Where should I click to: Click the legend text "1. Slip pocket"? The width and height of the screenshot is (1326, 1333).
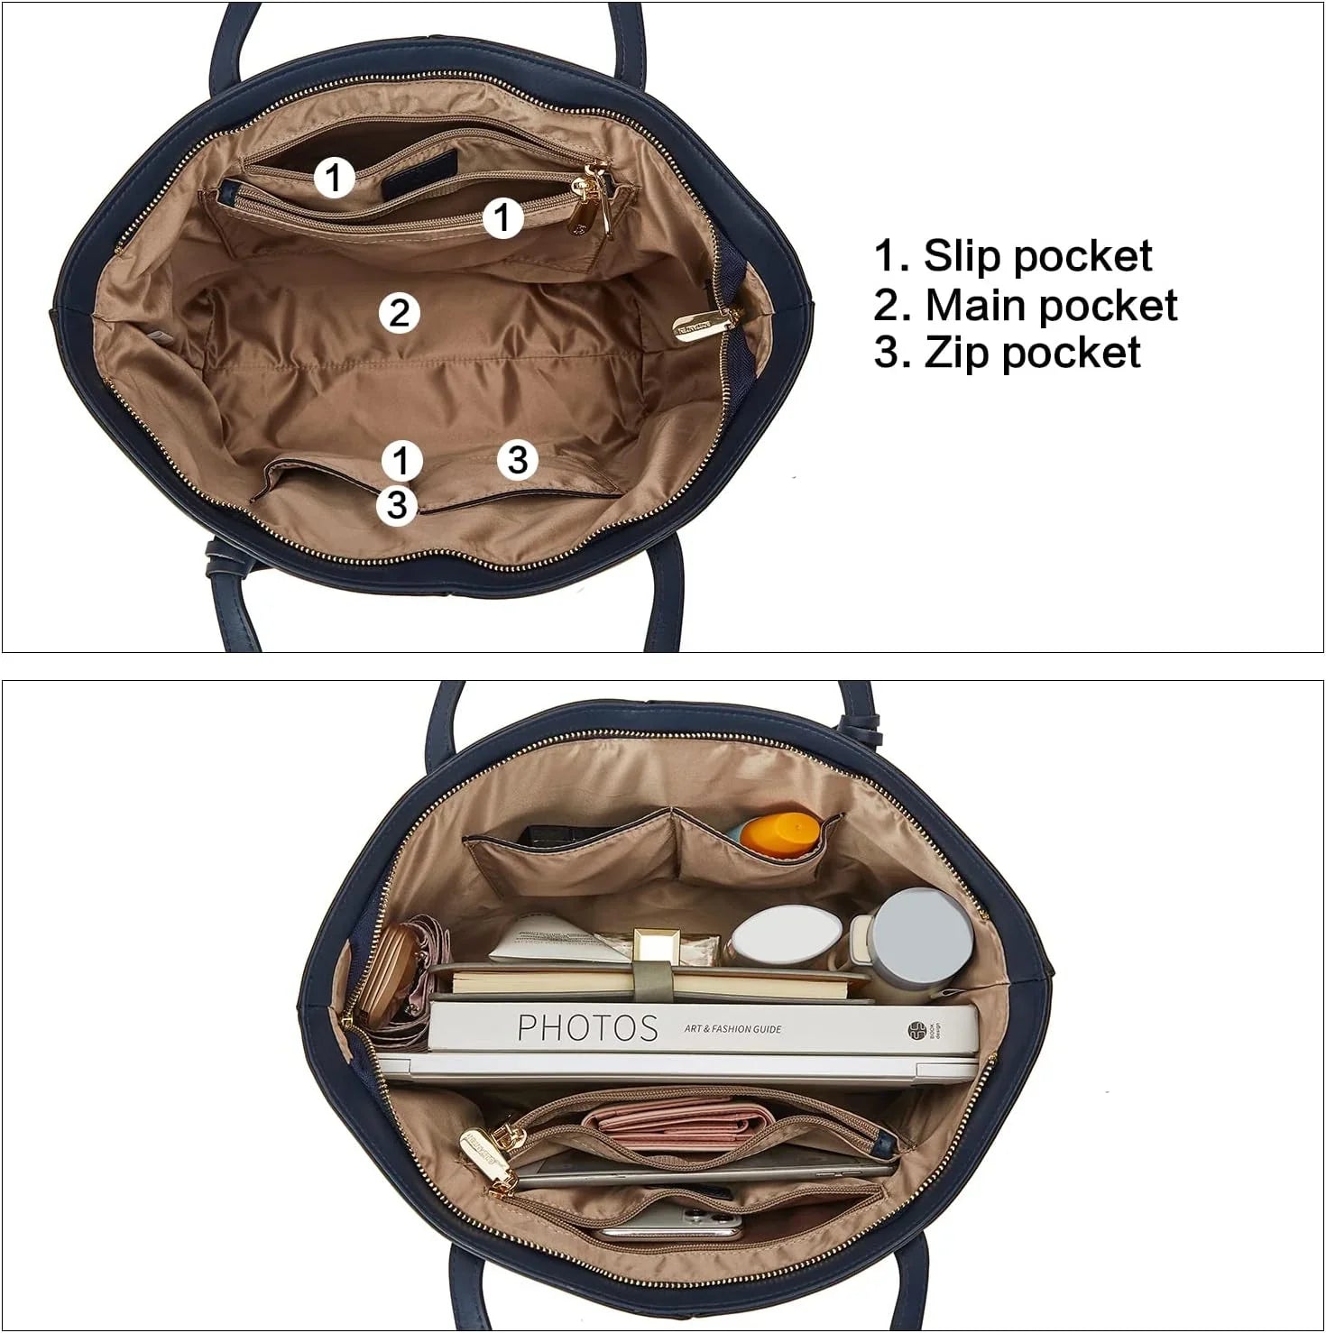(1012, 256)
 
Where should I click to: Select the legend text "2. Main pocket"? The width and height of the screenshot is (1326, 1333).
(1025, 305)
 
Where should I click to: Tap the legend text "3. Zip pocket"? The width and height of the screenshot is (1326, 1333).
(1007, 352)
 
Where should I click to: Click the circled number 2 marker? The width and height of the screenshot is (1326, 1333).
(400, 313)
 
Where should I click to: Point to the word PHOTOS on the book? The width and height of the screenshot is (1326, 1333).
(587, 1027)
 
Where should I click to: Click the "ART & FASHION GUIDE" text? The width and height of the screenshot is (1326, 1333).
(732, 1028)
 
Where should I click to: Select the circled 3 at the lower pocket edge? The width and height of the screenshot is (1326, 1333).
(397, 505)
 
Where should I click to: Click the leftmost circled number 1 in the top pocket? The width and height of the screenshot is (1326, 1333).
(334, 177)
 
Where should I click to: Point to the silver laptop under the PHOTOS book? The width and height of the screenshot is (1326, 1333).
(677, 1067)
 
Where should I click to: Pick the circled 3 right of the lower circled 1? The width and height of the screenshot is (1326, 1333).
(517, 460)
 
